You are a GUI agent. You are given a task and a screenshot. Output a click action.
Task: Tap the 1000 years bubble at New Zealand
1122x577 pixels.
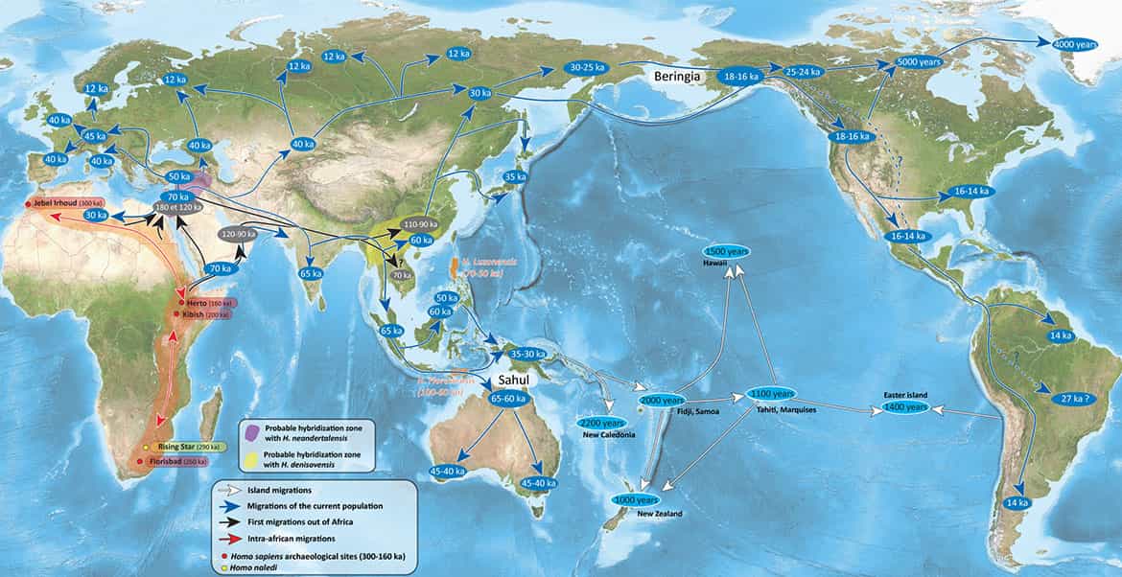(x=636, y=499)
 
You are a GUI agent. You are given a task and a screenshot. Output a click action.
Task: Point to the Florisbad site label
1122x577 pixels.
(x=176, y=462)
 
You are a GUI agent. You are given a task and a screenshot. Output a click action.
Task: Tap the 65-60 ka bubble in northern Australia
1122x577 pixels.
(x=508, y=398)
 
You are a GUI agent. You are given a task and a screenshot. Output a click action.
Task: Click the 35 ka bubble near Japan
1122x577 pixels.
(x=515, y=177)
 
